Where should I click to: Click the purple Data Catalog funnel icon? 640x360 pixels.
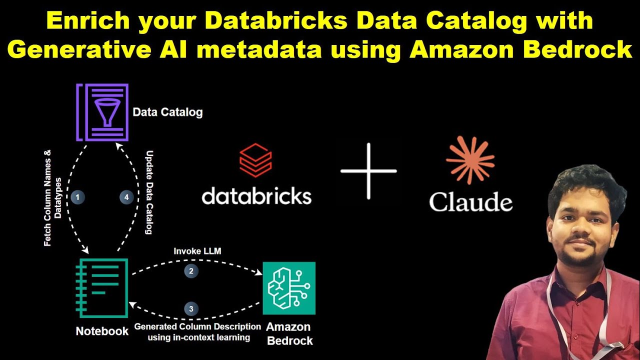point(102,112)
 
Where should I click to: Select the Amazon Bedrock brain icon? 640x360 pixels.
point(288,288)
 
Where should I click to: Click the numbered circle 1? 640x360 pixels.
point(77,197)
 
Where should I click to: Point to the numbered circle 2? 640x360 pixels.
point(191,271)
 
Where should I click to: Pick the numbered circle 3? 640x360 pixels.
point(191,308)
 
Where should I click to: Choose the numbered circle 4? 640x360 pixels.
point(126,197)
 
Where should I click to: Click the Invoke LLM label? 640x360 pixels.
point(197,251)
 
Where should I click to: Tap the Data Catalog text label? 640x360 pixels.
point(167,111)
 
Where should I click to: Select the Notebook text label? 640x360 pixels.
point(102,331)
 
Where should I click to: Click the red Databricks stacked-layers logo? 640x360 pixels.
point(255,160)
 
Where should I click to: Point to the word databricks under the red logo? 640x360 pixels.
point(256,196)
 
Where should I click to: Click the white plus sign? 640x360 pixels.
point(368,171)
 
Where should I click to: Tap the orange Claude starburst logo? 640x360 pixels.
point(470,160)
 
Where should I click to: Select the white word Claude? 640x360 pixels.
point(470,202)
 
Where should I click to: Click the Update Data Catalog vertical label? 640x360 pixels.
point(148,192)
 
